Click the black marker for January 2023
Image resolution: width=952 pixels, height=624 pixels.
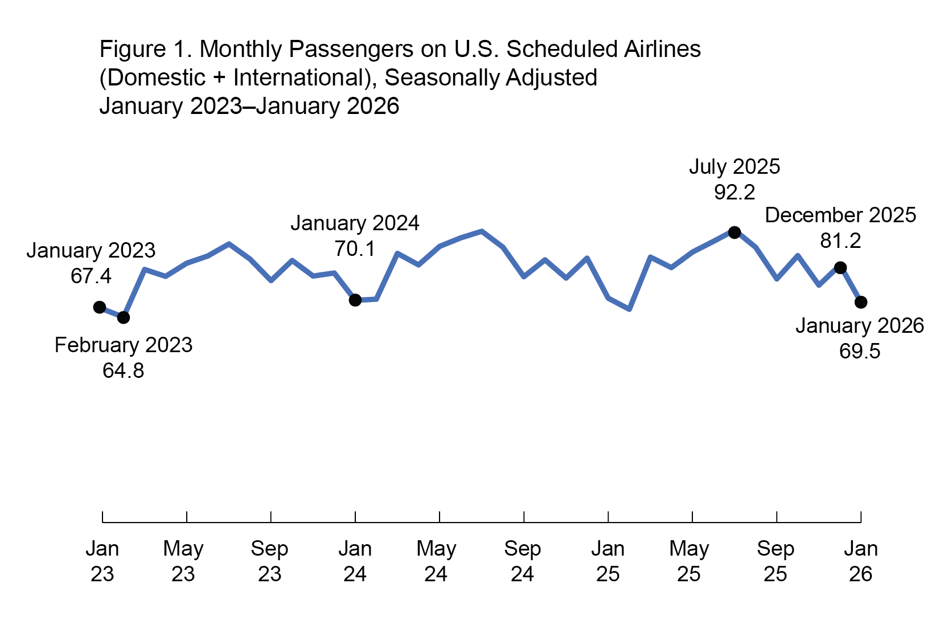pos(100,307)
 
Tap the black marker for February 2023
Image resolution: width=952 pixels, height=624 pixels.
pos(124,317)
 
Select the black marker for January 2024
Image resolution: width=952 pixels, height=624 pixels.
pos(355,300)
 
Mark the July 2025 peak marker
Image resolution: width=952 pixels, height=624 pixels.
pos(734,232)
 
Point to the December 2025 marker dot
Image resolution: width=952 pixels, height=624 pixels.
pos(840,267)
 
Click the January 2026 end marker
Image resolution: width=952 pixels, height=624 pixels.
pos(861,302)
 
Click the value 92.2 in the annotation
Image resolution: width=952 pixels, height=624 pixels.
pos(734,193)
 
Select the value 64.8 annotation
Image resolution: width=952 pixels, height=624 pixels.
pos(124,371)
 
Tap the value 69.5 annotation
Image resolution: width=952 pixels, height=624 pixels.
pos(860,352)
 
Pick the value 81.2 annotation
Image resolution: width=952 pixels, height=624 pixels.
pos(840,241)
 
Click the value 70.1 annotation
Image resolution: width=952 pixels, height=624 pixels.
pos(355,249)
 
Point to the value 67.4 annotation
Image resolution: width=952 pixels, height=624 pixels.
pos(91,276)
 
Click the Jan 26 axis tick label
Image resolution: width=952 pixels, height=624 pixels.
pos(860,561)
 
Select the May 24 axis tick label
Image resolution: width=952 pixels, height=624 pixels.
pos(436,561)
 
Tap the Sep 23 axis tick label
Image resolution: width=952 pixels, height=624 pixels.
pos(269,561)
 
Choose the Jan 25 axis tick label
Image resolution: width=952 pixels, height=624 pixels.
pos(608,561)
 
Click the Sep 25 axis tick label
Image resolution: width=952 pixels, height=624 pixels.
pos(775,561)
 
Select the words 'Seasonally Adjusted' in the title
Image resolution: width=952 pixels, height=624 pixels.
pos(491,78)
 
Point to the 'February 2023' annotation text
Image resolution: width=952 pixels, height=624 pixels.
pos(124,345)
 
